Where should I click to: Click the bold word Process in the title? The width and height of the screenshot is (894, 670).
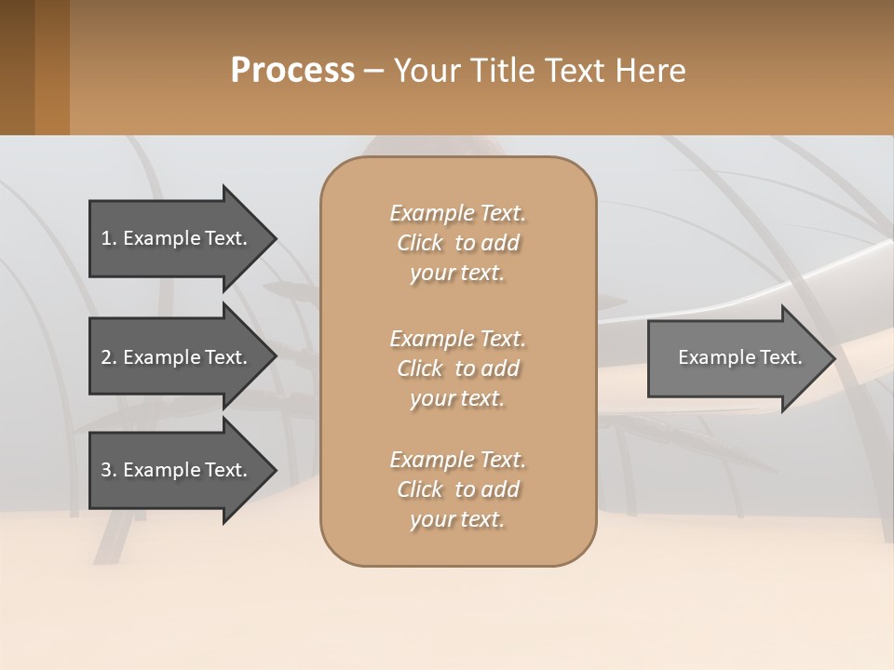pos(292,71)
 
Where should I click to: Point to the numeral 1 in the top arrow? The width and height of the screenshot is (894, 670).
pos(106,238)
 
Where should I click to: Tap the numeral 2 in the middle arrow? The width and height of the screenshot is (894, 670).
pos(106,357)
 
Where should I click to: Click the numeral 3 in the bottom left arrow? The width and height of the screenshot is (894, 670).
pos(106,470)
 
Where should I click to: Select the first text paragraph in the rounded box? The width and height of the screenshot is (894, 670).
pos(457,243)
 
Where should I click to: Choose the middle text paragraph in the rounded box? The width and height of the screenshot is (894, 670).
pos(457,368)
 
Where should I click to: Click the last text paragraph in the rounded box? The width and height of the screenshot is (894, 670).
pos(457,489)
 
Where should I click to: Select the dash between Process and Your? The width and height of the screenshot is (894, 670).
pos(372,71)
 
